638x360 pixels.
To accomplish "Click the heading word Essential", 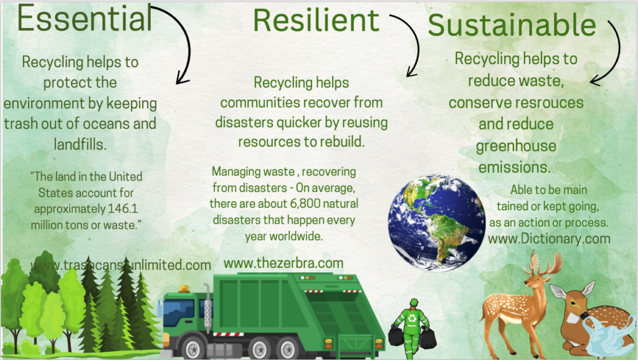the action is click(x=85, y=19).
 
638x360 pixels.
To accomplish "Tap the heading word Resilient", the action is click(x=316, y=21).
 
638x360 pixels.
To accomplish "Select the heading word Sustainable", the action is click(x=512, y=25).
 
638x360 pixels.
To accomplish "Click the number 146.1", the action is click(x=123, y=209).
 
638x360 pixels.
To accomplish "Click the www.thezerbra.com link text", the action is click(x=283, y=263).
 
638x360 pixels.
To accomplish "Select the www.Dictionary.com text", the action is click(x=549, y=239).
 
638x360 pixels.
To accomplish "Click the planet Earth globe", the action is click(x=437, y=222).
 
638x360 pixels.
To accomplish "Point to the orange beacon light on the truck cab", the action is click(x=184, y=289).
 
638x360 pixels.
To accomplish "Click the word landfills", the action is click(x=80, y=144).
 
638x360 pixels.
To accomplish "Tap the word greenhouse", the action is click(x=516, y=146).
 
